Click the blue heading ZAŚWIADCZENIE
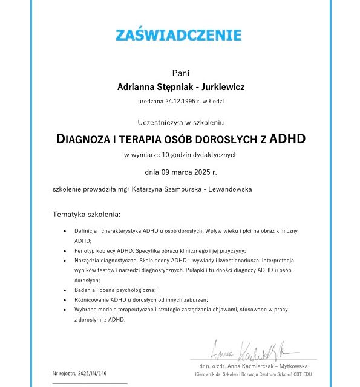point(178,35)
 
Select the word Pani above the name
point(180,73)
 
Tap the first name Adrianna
point(138,87)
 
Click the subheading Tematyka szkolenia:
point(87,214)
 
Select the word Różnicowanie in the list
point(91,299)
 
